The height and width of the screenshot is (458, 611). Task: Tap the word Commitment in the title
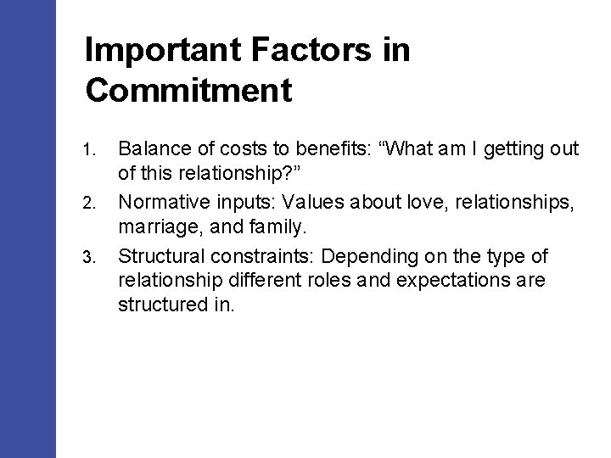point(188,89)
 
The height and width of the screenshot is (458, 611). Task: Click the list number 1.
point(91,151)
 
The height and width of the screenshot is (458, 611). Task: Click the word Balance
point(152,150)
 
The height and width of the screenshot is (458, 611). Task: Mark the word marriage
point(154,225)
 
